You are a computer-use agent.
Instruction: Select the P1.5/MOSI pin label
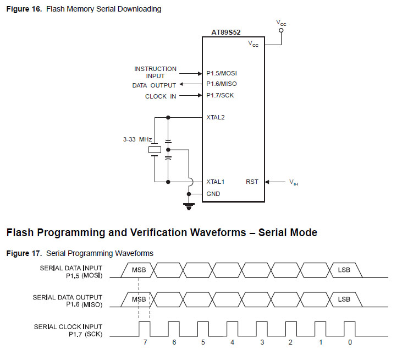(x=222, y=73)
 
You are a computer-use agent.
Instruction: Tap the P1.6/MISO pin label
(x=222, y=84)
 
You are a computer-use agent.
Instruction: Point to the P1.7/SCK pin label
(x=221, y=96)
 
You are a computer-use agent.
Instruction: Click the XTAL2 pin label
(x=216, y=117)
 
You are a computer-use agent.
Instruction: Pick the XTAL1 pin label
(x=216, y=182)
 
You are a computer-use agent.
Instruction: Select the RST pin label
(x=252, y=182)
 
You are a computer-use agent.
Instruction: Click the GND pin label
(x=213, y=194)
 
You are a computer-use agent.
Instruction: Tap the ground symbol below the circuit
(x=189, y=207)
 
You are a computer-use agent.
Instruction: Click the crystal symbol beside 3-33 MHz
(x=156, y=149)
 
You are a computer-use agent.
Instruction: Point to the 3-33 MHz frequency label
(x=137, y=140)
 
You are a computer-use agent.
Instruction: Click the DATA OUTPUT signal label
(x=154, y=85)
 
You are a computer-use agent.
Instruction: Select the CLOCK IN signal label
(x=161, y=96)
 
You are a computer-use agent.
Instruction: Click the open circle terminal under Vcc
(x=280, y=31)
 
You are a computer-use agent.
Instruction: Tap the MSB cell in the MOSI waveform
(x=139, y=270)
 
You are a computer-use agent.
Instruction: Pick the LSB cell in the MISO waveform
(x=344, y=299)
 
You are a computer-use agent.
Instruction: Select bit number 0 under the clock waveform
(x=350, y=342)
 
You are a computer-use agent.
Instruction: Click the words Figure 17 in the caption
(x=24, y=253)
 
